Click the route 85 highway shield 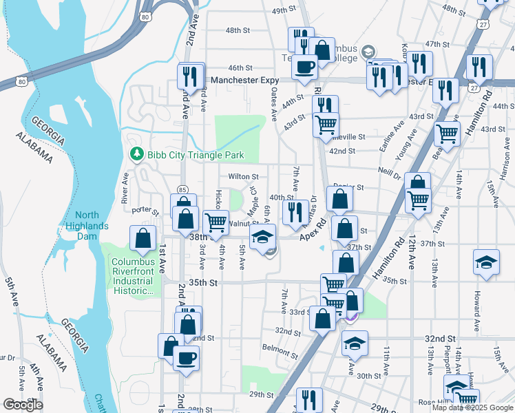point(182,189)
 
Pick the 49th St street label point(283,12)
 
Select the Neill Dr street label point(389,173)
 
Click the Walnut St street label point(243,223)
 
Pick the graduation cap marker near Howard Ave point(486,263)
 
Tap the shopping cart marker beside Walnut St point(216,222)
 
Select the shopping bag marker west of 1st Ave point(143,239)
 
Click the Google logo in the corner point(23,405)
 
